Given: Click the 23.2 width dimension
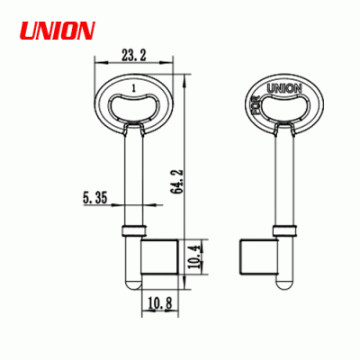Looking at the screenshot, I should pyautogui.click(x=134, y=57).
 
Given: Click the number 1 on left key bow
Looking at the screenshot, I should pyautogui.click(x=133, y=88).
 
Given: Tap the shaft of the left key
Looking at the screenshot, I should pyautogui.click(x=133, y=171).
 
